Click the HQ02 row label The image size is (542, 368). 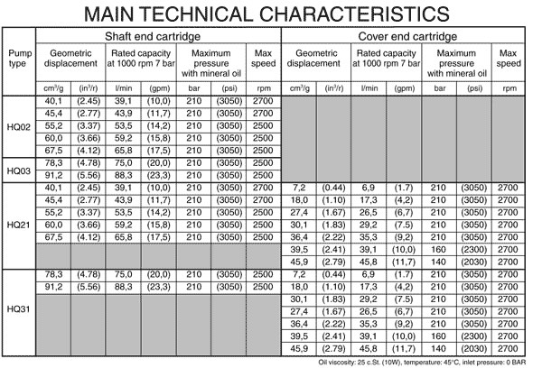click(19, 126)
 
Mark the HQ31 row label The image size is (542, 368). click(19, 308)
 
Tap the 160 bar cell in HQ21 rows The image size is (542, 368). click(438, 250)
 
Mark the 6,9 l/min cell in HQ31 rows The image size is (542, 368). click(369, 273)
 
